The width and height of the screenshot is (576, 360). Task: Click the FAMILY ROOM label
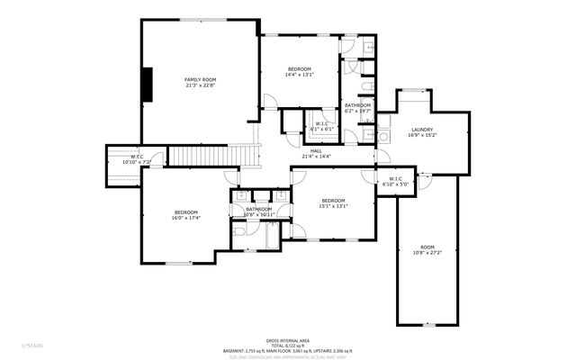200,80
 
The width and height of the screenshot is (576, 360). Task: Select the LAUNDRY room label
422,130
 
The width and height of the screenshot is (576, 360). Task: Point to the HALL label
316,150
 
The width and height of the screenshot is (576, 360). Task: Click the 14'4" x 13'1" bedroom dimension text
300,76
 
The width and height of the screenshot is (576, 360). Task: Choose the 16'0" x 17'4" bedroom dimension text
186,218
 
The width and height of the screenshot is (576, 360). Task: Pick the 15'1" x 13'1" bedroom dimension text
333,205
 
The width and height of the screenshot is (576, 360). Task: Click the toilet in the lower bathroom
239,231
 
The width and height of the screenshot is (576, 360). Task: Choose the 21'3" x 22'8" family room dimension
200,86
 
